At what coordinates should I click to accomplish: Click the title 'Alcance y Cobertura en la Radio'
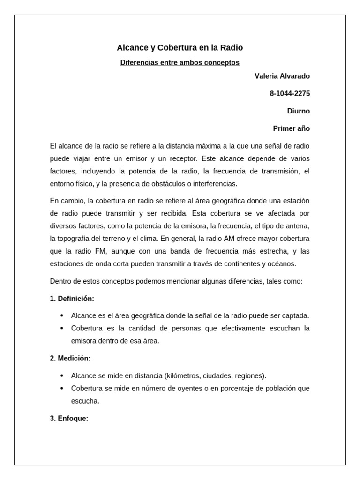pos(180,48)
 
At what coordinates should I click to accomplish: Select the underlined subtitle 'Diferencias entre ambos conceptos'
pos(180,62)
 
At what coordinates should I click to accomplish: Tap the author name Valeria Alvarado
pos(282,76)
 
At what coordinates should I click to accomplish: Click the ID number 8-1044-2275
pos(290,94)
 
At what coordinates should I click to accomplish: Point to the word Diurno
pos(299,111)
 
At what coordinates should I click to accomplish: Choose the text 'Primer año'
pos(292,128)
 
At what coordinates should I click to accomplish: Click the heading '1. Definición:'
pos(72,299)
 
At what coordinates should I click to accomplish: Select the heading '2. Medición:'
pos(70,358)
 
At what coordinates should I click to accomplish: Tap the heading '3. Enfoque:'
pos(69,419)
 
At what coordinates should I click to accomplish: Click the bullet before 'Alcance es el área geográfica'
pos(62,315)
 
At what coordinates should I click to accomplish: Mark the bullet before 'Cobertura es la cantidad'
pos(62,328)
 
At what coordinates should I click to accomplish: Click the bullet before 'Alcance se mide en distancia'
pos(62,375)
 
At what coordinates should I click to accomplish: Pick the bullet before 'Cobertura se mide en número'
pos(62,388)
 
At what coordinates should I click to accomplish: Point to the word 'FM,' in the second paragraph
pos(100,251)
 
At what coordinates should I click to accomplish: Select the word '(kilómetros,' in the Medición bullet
pos(183,375)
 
